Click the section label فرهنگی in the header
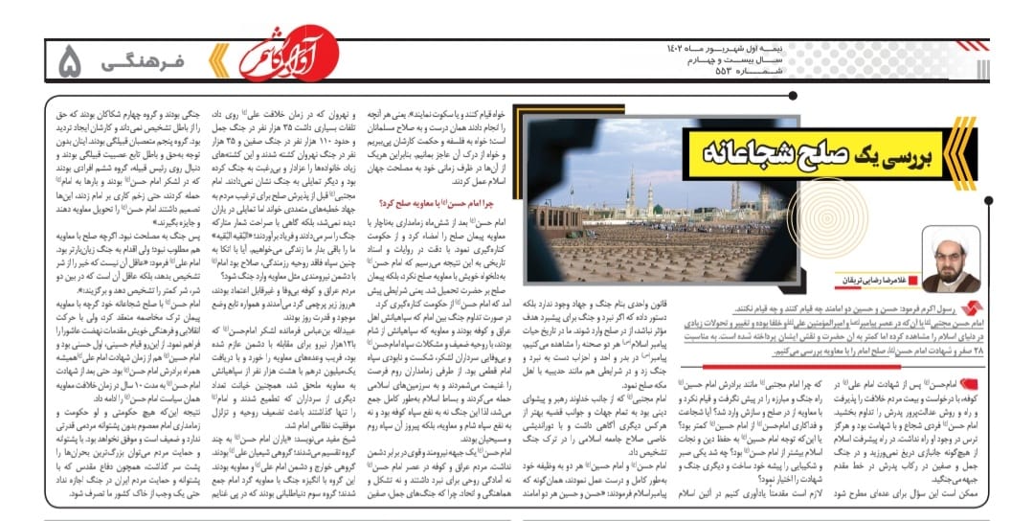point(143,63)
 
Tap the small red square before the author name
point(917,279)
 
